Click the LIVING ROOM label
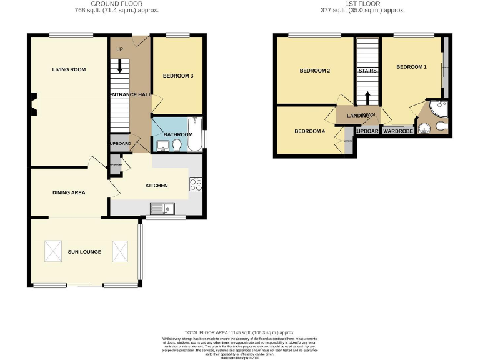69,69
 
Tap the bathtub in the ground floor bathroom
195,134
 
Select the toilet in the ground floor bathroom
177,145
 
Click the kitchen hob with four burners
195,184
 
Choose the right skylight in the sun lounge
120,251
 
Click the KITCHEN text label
156,186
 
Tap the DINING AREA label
69,192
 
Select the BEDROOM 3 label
178,76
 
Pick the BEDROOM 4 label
310,131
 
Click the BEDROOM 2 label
315,71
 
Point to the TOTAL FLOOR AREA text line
239,332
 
